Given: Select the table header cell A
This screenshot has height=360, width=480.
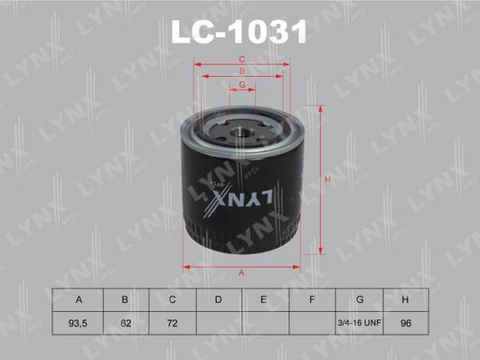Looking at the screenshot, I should (x=80, y=299).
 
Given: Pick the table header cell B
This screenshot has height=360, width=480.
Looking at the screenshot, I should (x=126, y=299).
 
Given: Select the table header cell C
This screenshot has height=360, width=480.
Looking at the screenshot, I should (x=171, y=299).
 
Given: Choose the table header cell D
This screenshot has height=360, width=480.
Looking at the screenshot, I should (x=217, y=299).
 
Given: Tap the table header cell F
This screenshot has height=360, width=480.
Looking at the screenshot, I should (x=311, y=299).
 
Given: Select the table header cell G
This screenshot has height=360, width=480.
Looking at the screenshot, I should (x=360, y=299).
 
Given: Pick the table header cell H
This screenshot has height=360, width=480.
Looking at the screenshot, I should (x=407, y=299).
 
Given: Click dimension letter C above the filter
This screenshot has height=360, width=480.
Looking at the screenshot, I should (x=241, y=61).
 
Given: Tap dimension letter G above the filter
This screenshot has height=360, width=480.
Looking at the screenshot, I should (x=241, y=85).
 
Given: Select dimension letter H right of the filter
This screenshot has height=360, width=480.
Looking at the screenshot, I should (x=329, y=180).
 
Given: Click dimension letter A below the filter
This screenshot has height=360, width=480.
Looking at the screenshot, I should (x=241, y=272).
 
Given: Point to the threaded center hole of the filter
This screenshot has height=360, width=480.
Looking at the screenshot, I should (x=241, y=129).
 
